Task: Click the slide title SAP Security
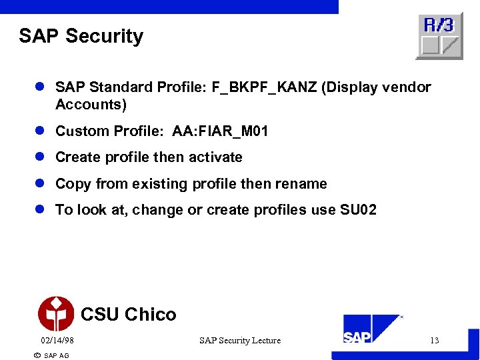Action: coord(81,36)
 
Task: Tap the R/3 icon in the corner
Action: coord(439,36)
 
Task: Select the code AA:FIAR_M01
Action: coord(220,131)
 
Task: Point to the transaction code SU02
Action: coord(358,210)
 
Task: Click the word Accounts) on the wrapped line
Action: coord(91,105)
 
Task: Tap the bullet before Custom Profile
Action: coord(40,131)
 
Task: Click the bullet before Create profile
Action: coord(40,157)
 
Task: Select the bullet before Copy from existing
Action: coord(40,184)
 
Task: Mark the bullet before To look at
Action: coord(40,210)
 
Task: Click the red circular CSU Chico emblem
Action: coord(56,314)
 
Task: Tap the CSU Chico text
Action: coord(128,315)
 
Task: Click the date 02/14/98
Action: coord(57,341)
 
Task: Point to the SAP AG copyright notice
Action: coord(51,355)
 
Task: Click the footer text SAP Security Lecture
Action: coord(240,341)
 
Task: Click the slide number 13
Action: coord(434,341)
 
